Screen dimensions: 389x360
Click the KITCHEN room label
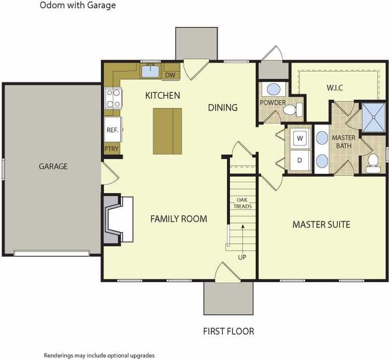click(x=163, y=95)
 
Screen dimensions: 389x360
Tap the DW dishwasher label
click(x=170, y=75)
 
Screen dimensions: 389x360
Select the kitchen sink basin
click(x=150, y=71)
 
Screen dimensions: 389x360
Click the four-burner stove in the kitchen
click(x=113, y=98)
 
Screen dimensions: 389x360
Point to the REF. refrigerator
click(x=113, y=129)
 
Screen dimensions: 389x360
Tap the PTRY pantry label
click(x=111, y=149)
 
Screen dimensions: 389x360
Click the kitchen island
click(x=168, y=131)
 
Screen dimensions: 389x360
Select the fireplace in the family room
click(x=118, y=219)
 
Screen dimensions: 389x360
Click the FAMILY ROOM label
click(x=179, y=219)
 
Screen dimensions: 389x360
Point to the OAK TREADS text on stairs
click(x=243, y=203)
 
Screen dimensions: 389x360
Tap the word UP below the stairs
click(x=242, y=257)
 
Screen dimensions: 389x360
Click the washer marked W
click(x=300, y=138)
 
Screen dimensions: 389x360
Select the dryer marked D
click(x=300, y=161)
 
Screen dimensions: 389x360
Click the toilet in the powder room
click(x=293, y=109)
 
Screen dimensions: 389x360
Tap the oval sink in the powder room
click(x=273, y=89)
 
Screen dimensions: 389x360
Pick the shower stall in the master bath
click(x=373, y=117)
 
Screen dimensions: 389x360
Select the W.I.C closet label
click(x=335, y=88)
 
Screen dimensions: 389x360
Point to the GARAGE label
click(x=53, y=166)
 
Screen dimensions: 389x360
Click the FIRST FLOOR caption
click(x=228, y=331)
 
